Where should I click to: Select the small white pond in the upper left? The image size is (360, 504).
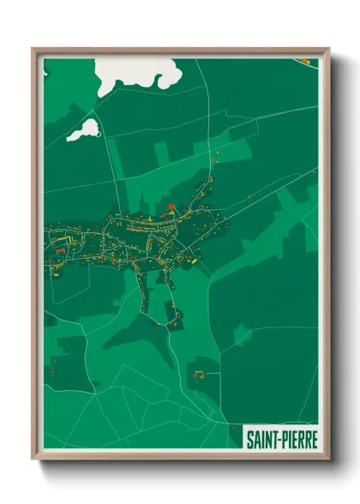click(x=83, y=130)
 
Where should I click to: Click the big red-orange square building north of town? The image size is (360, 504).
click(x=171, y=206)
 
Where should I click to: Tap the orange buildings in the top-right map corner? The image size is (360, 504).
click(x=306, y=60)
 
